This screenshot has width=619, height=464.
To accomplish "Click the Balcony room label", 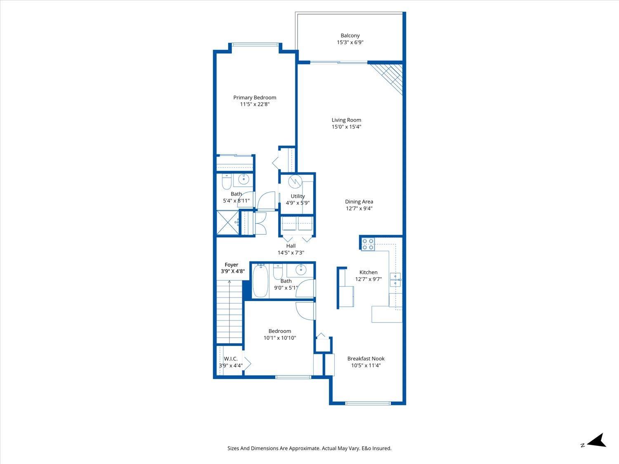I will tap(350, 35).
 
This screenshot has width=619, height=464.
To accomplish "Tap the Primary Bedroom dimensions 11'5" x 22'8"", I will tap(255, 104).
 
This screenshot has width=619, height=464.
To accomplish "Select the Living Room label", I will tap(346, 120).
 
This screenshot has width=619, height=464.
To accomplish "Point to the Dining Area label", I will tap(359, 202).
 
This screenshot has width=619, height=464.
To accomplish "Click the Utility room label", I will tap(298, 196).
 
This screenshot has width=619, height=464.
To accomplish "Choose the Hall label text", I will tap(291, 246).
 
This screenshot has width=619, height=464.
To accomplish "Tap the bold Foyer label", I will tap(231, 265).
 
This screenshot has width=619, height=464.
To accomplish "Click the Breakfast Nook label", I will tap(366, 358).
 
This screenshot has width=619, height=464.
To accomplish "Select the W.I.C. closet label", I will tap(231, 359).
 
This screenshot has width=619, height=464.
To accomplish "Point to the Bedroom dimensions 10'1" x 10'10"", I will tap(280, 338).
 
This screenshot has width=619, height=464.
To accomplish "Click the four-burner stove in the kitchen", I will tap(368, 244).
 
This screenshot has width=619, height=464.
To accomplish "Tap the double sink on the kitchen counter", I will tap(395, 279).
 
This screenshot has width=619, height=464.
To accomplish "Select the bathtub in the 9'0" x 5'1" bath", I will tap(260, 281).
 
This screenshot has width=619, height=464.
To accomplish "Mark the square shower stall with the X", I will tap(227, 223).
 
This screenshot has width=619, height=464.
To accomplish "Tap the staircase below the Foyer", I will tap(229, 311).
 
